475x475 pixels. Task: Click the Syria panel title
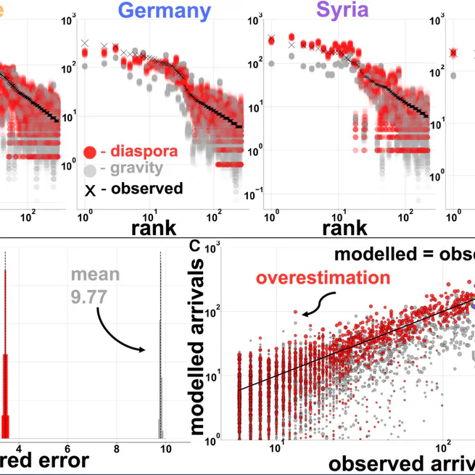point(342,11)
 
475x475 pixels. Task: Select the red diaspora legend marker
point(90,152)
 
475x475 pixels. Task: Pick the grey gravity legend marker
point(90,170)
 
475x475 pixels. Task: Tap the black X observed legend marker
point(90,189)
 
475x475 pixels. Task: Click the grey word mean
point(91,276)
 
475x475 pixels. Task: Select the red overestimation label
point(323,278)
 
